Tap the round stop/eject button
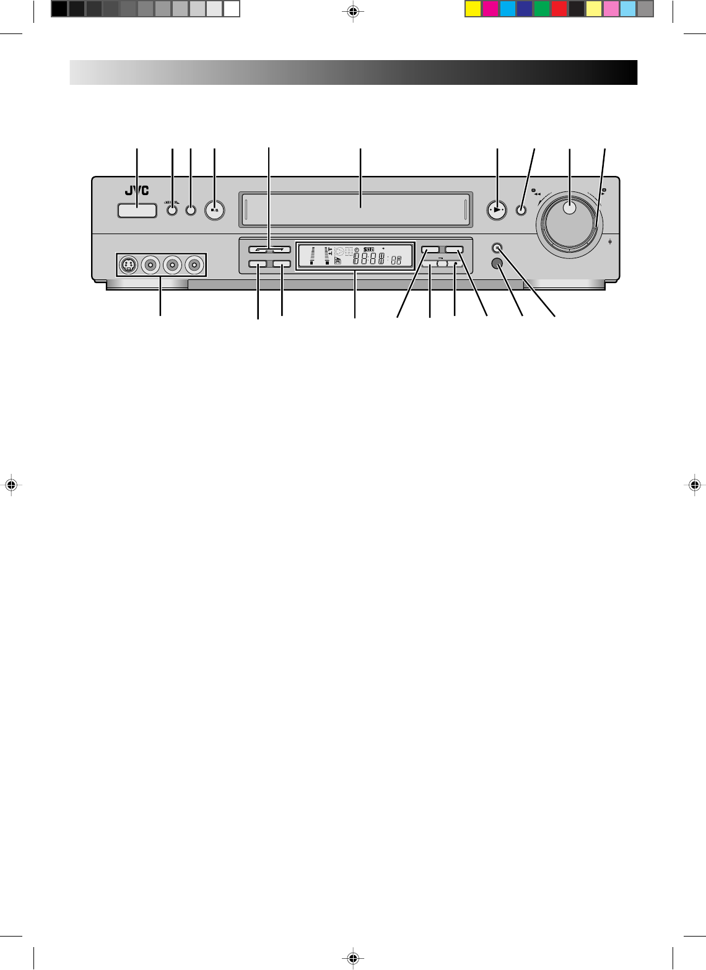coord(214,210)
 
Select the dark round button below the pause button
coord(497,263)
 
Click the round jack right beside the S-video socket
coord(150,265)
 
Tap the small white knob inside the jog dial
coord(570,209)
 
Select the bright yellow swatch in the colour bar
coord(473,9)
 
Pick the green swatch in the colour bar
coord(542,9)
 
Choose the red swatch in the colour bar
coord(559,9)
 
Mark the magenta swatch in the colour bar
coord(490,9)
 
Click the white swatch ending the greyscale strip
coord(232,9)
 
